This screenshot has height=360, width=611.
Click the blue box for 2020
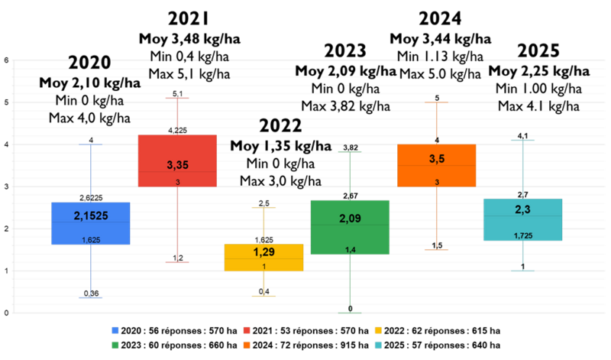tap(91, 223)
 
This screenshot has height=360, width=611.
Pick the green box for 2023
tap(351, 227)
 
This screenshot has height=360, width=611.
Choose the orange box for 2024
tap(437, 165)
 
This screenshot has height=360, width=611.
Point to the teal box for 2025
tap(523, 220)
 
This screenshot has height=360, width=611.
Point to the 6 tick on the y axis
tap(7, 60)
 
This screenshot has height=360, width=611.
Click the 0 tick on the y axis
tap(7, 313)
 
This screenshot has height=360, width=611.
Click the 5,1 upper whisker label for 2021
tap(177, 93)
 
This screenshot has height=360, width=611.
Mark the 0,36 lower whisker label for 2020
tap(91, 294)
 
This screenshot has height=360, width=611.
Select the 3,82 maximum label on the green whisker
tap(351, 147)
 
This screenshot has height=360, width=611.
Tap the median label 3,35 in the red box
tap(177, 165)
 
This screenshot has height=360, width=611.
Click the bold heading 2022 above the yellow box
tap(280, 126)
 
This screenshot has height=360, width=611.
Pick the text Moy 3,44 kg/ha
tap(440, 38)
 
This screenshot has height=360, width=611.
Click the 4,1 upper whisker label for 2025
tap(523, 135)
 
